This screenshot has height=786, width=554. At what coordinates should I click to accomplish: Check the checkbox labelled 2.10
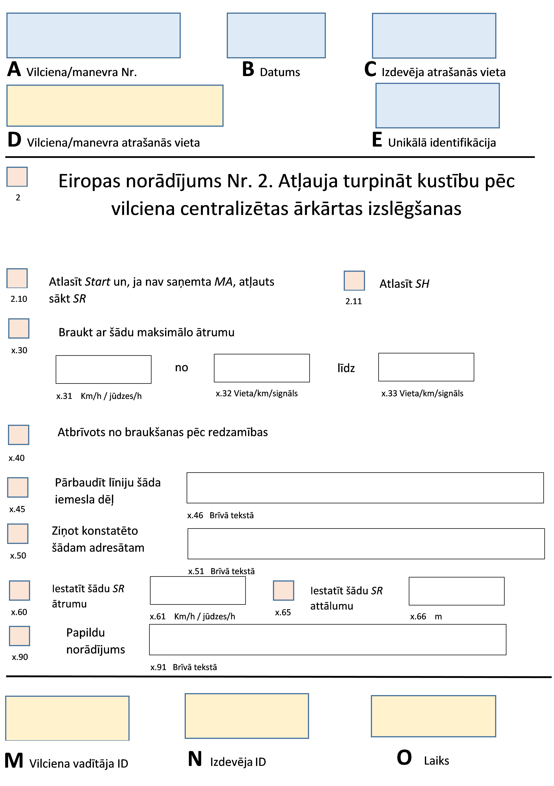point(17,278)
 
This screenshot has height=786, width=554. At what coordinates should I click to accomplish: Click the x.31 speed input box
point(103,369)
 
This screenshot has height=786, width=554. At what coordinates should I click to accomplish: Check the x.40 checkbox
point(18,435)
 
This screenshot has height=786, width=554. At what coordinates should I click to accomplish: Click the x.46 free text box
point(365,488)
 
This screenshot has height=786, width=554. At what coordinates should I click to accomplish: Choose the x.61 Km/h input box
point(198,590)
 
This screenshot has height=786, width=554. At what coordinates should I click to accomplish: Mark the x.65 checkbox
point(284,590)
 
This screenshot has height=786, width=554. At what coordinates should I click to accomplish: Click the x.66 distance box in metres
point(456,591)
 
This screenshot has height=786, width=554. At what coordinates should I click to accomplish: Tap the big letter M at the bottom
point(14,761)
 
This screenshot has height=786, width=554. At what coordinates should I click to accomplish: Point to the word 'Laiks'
point(436,761)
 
